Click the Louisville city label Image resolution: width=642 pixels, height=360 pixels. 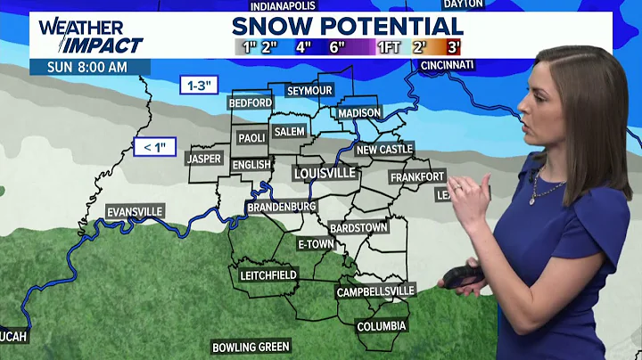[325, 172]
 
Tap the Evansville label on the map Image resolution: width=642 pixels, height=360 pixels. [135, 211]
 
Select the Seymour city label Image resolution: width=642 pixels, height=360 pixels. [309, 91]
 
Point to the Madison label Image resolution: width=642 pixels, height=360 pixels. [360, 113]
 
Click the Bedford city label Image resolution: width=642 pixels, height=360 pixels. [251, 103]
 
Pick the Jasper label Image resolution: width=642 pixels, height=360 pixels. [203, 159]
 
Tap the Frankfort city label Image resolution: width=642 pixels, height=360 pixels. [417, 177]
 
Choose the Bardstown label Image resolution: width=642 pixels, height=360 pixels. [358, 228]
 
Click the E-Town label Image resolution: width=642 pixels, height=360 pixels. [315, 244]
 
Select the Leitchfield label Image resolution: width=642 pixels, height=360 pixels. [267, 275]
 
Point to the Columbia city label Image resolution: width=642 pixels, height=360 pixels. [382, 326]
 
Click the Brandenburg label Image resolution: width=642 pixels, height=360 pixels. [282, 207]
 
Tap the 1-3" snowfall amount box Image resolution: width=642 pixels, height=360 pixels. [197, 86]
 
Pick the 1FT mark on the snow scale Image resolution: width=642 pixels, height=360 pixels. [388, 46]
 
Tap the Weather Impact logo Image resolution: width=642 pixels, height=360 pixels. [90, 35]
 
